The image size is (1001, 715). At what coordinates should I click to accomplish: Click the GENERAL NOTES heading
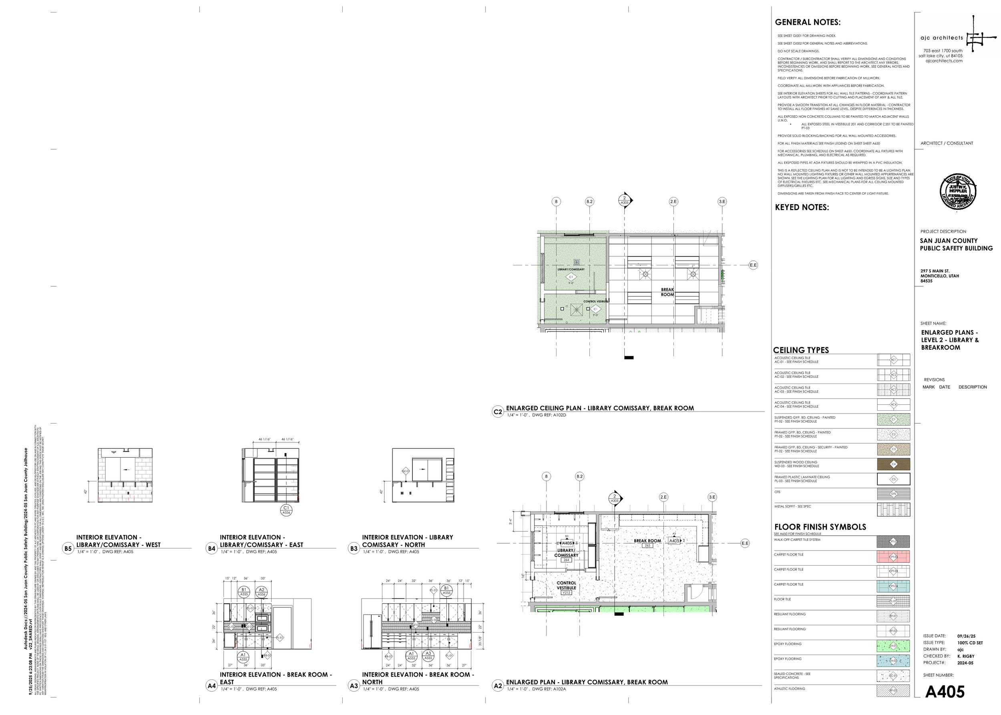pos(807,22)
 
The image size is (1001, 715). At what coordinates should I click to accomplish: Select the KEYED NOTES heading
pos(802,207)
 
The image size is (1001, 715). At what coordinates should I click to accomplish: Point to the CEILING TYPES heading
pos(801,350)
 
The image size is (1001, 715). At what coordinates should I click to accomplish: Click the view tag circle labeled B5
pos(68,548)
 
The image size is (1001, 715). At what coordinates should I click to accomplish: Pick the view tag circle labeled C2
pos(498,412)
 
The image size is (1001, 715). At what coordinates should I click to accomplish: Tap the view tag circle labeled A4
pos(211,685)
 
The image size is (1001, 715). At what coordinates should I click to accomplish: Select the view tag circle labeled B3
pos(354,548)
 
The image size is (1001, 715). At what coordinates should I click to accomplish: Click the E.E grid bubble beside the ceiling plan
pos(753,265)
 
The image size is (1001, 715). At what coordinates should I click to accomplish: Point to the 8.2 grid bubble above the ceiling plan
pos(589,202)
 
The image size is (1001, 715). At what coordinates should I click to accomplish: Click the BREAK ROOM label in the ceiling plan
pos(667,292)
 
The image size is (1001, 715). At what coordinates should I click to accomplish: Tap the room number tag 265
pos(647,546)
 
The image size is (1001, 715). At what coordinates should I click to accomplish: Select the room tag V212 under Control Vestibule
pos(566,592)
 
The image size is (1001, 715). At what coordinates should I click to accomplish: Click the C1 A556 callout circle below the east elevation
pos(286,510)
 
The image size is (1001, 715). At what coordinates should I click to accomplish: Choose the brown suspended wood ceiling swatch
pos(893,464)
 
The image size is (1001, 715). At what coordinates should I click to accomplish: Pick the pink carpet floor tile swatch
pos(893,557)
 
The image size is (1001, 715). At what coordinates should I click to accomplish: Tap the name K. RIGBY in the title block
pos(966,656)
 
